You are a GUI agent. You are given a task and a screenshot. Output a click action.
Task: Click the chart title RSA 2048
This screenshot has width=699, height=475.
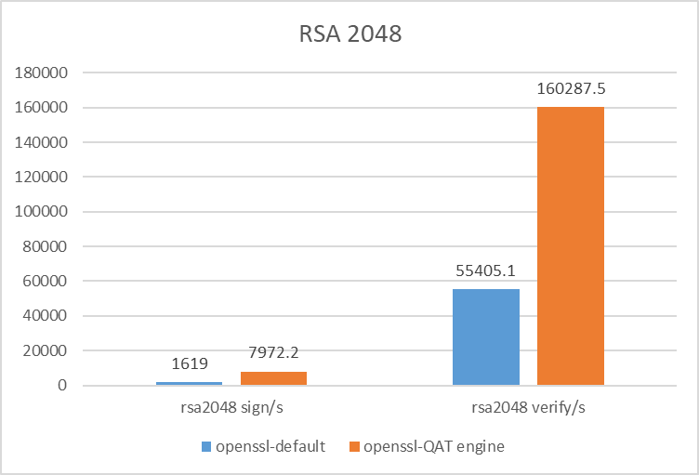pyautogui.click(x=349, y=36)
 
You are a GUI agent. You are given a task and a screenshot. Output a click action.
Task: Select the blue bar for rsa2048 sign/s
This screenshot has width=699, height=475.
pyautogui.click(x=189, y=383)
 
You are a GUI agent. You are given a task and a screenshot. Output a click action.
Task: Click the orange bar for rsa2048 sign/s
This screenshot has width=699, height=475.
pyautogui.click(x=273, y=378)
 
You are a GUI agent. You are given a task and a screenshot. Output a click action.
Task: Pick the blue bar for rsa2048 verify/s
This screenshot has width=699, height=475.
pyautogui.click(x=485, y=337)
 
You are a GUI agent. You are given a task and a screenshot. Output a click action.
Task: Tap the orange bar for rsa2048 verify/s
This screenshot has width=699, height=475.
pyautogui.click(x=570, y=246)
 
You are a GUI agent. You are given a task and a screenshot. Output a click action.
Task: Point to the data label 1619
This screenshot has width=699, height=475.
pyautogui.click(x=189, y=363)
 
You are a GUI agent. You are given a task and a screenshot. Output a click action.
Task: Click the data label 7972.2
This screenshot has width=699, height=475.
pyautogui.click(x=273, y=352)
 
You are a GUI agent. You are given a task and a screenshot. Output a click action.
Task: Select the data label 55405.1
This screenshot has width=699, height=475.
pyautogui.click(x=485, y=270)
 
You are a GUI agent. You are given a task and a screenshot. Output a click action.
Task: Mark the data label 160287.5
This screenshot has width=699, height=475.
pyautogui.click(x=571, y=88)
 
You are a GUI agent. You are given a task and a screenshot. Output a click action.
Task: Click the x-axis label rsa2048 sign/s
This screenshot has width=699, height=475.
pyautogui.click(x=231, y=407)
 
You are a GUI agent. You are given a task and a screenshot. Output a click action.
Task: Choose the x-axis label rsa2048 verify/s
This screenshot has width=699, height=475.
pyautogui.click(x=528, y=407)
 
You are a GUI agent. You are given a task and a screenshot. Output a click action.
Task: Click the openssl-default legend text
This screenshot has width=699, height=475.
pyautogui.click(x=270, y=446)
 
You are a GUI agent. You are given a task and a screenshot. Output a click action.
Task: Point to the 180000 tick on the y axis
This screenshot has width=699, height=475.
pyautogui.click(x=46, y=73)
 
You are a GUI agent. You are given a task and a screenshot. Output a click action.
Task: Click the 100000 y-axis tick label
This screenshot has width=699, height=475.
pyautogui.click(x=46, y=212)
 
